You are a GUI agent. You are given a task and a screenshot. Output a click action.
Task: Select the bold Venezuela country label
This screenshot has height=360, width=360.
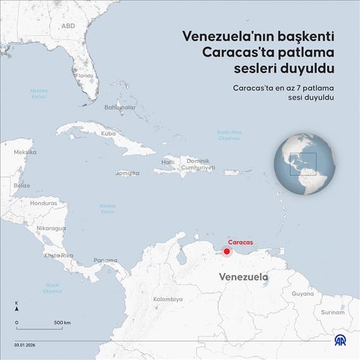243,277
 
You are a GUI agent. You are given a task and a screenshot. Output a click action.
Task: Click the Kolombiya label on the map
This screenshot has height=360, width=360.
168,299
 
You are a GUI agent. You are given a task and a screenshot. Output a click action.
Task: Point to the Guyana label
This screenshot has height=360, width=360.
302,293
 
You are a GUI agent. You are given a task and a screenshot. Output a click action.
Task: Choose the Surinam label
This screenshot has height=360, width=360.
333,312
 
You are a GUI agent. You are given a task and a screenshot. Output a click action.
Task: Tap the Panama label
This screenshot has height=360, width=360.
105,260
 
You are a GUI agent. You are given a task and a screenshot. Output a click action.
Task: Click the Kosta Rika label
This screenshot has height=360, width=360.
58,255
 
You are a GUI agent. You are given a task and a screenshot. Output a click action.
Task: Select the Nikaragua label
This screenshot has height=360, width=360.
51,228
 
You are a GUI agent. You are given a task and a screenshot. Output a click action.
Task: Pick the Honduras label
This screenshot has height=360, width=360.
44,203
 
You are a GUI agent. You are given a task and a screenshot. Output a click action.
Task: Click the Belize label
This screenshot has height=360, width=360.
22,185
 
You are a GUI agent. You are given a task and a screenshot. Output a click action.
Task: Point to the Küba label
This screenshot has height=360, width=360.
108,134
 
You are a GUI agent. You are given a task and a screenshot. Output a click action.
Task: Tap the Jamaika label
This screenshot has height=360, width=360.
127,172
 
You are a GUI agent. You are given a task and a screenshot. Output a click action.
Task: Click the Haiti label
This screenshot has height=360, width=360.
168,162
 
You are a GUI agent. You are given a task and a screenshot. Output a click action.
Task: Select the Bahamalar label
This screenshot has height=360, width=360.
120,107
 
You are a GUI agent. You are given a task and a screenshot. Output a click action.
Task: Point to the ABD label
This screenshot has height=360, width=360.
68,26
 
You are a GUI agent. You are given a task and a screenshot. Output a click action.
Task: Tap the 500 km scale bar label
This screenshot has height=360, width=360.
62,323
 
